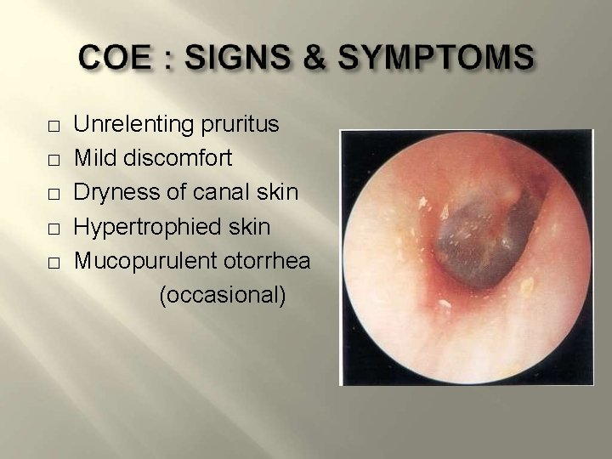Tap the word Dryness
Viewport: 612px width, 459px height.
pos(111,193)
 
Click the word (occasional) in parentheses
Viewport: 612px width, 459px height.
pos(222,295)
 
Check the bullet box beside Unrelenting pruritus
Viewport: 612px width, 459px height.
pos(53,127)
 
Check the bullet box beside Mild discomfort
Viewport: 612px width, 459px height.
pos(53,161)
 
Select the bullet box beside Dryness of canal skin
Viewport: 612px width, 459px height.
pos(53,195)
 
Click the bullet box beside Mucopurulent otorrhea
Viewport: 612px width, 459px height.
pos(53,263)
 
